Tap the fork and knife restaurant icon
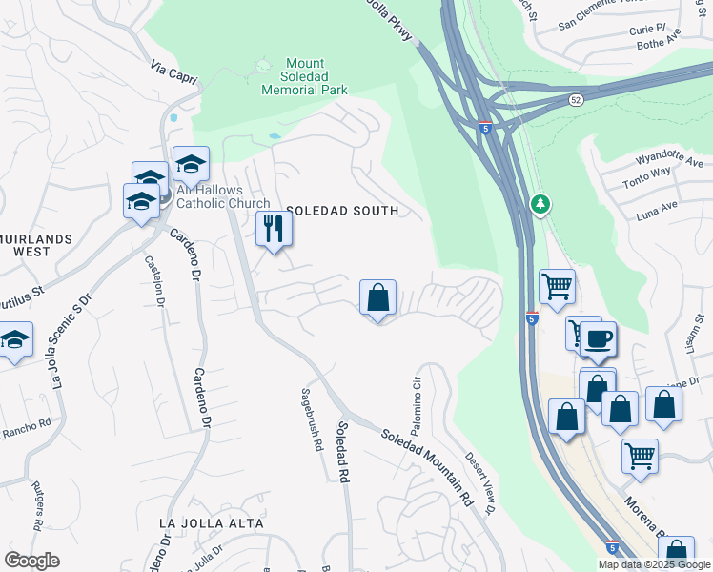[274, 230]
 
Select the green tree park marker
[540, 204]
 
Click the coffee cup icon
[598, 338]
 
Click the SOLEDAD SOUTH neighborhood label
[341, 210]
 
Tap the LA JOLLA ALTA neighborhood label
[211, 523]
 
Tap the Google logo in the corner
[31, 561]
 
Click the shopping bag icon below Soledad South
[377, 297]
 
